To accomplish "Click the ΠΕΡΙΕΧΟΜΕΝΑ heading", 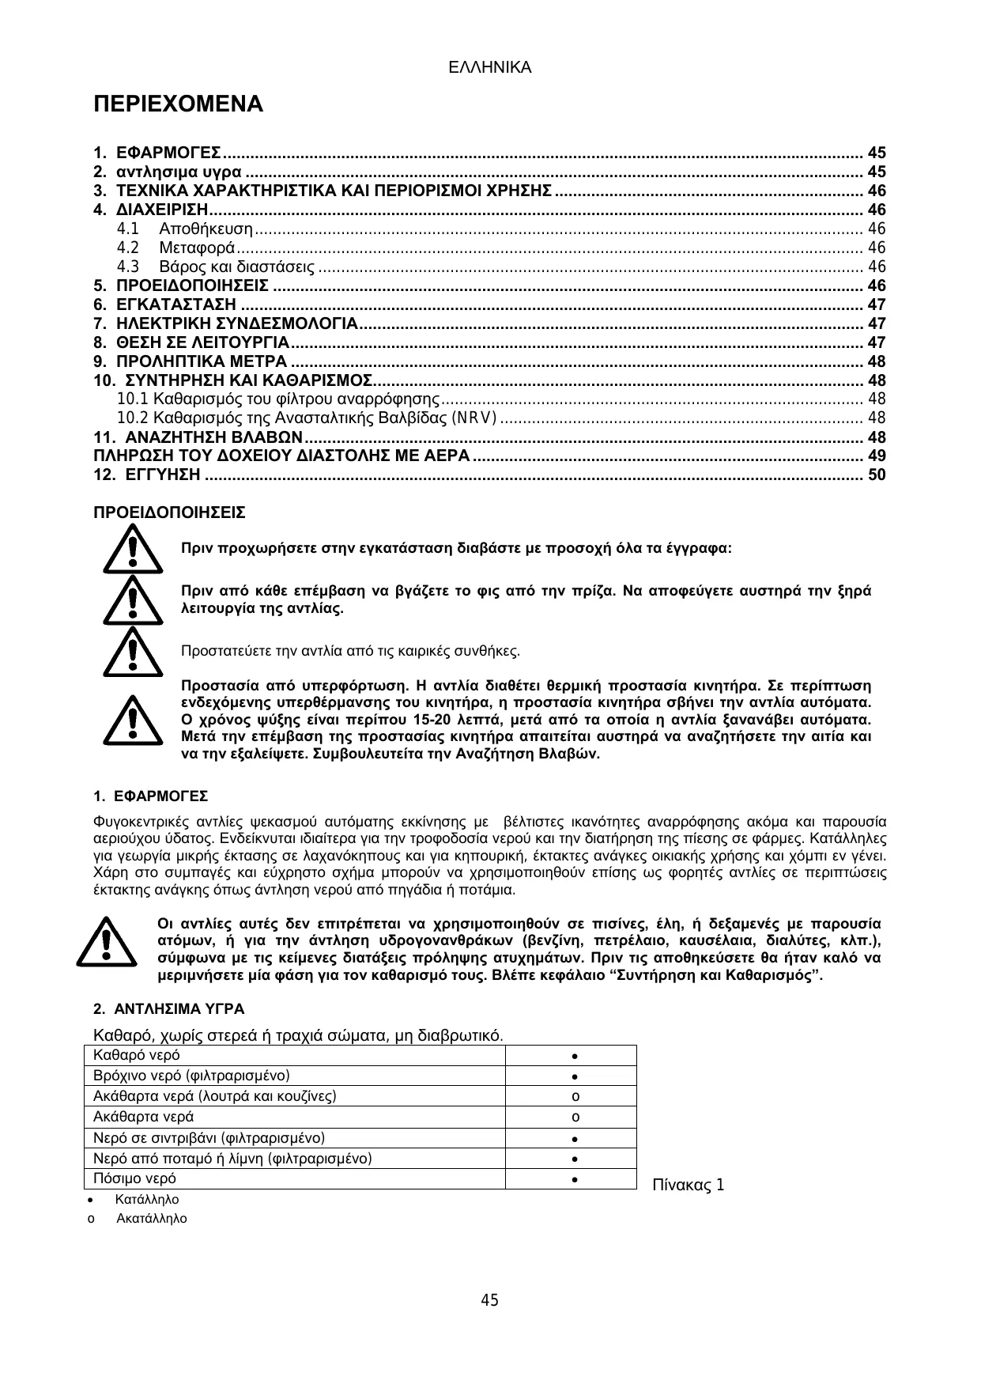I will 178,104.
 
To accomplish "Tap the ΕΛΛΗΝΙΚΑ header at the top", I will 489,68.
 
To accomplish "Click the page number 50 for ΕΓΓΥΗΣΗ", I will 877,475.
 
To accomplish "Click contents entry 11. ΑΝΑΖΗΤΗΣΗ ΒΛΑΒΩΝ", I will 198,437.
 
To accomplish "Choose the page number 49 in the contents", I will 877,456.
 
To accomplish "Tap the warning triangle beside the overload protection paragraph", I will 133,719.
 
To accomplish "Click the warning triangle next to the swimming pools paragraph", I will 106,941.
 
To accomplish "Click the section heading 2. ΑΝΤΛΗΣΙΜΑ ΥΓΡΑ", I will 168,1009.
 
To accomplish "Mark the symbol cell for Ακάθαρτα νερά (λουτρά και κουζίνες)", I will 575,1097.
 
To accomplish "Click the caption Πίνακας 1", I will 688,1186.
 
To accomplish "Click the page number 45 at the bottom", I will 490,1300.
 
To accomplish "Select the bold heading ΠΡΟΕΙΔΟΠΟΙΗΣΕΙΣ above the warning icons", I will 169,513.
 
